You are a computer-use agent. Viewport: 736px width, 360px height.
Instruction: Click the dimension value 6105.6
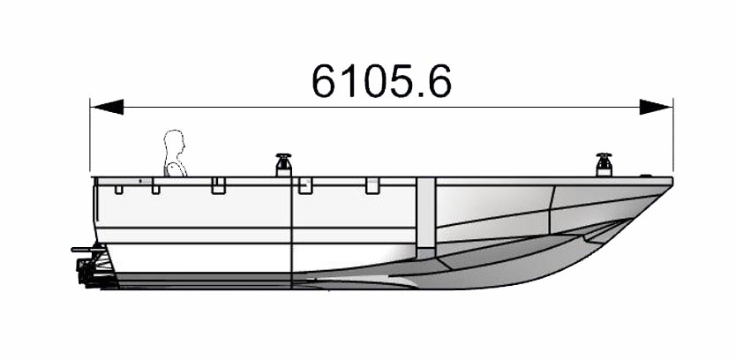pyautogui.click(x=381, y=80)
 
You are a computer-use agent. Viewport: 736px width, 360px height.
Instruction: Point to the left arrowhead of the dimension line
pyautogui.click(x=107, y=107)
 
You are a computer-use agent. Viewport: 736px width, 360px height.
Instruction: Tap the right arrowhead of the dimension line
pyautogui.click(x=656, y=107)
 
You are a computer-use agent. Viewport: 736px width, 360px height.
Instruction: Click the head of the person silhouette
pyautogui.click(x=174, y=145)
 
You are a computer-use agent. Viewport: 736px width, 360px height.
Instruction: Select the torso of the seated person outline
pyautogui.click(x=176, y=169)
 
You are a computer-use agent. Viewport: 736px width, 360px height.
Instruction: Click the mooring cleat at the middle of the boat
pyautogui.click(x=283, y=165)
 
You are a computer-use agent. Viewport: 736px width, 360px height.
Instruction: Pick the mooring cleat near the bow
pyautogui.click(x=605, y=165)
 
